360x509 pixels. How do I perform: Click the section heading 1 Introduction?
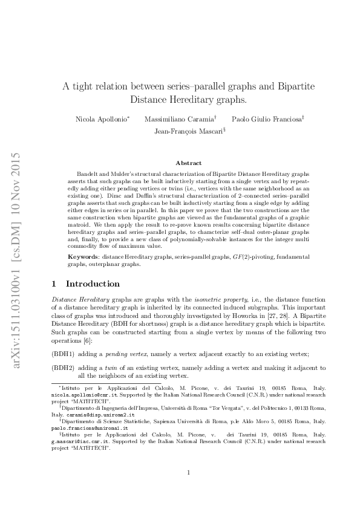85,284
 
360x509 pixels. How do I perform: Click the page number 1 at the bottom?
189,473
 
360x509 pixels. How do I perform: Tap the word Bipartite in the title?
296,86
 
